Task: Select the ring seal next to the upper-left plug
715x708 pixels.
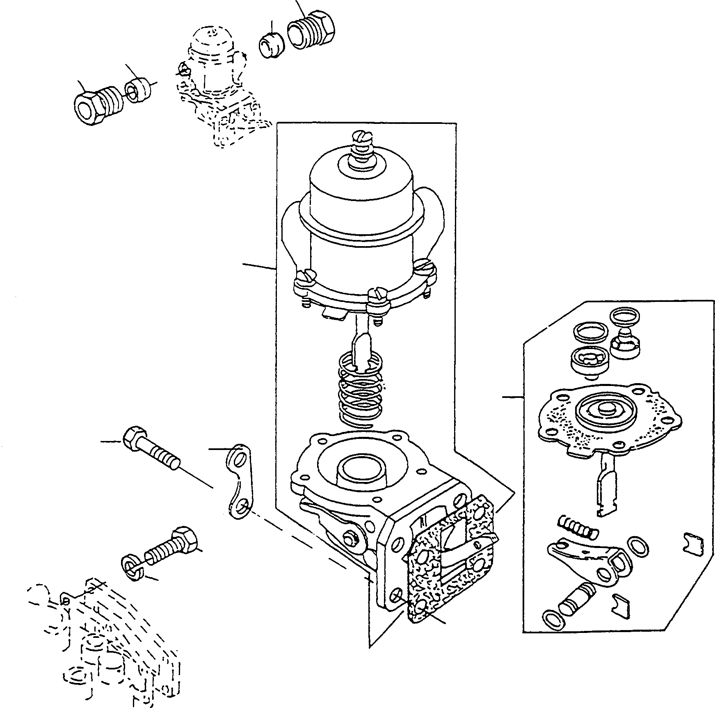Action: (x=139, y=91)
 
